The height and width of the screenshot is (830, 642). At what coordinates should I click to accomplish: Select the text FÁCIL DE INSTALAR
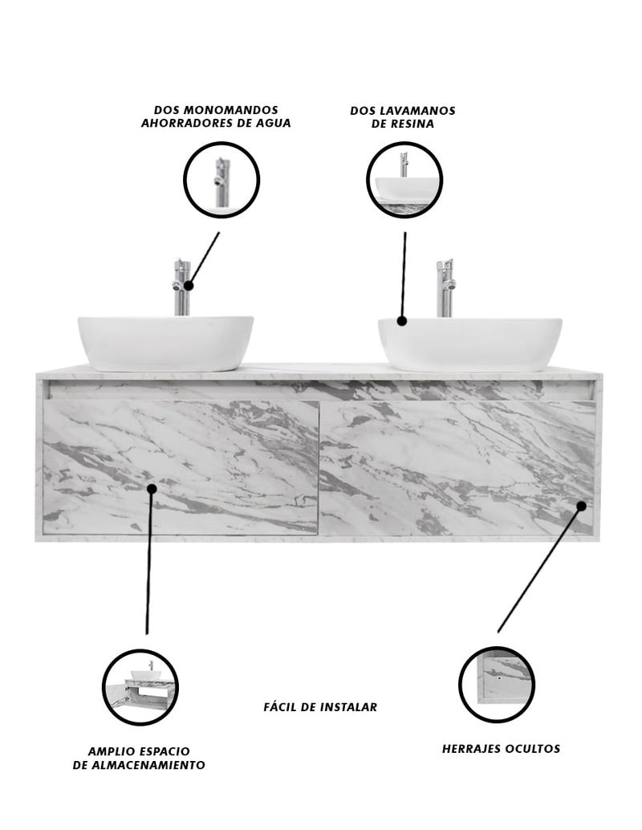click(320, 707)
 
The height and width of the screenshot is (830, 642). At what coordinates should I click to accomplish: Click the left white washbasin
click(165, 344)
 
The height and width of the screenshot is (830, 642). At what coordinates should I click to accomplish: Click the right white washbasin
click(470, 344)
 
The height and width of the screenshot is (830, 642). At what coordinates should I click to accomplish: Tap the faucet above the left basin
click(181, 287)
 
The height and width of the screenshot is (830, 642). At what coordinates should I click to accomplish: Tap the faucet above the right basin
click(445, 288)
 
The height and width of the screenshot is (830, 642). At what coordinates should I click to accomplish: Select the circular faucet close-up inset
click(221, 180)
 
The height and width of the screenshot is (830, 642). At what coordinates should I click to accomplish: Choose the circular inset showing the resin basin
click(404, 180)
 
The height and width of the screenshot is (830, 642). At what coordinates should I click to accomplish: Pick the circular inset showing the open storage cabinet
click(140, 687)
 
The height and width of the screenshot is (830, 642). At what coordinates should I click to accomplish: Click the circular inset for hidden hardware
click(497, 685)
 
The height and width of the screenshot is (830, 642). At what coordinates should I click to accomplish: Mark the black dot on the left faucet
click(189, 286)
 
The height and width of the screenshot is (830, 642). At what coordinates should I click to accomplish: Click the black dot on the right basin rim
click(402, 320)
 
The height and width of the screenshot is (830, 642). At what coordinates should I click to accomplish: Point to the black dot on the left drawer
click(152, 488)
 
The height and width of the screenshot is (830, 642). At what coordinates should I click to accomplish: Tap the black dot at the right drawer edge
click(581, 506)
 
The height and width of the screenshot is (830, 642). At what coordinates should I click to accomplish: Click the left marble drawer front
click(181, 467)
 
